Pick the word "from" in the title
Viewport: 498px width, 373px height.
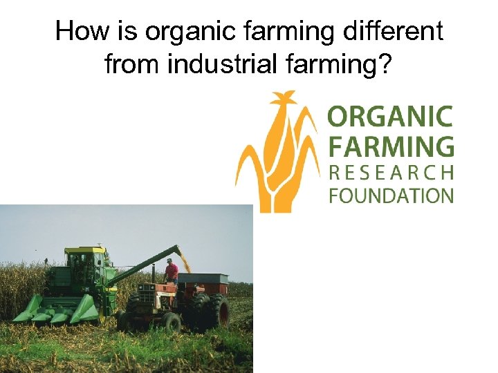coord(132,65)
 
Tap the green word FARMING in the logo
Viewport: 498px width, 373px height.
coord(390,146)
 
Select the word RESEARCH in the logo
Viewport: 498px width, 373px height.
coord(390,171)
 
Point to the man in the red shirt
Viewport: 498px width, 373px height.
coord(171,270)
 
